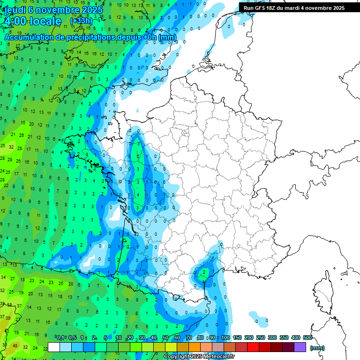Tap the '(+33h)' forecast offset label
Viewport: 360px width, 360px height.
point(81,21)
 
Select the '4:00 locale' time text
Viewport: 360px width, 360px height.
point(33,21)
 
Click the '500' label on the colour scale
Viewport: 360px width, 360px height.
point(307,337)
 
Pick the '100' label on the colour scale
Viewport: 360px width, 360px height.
point(225,337)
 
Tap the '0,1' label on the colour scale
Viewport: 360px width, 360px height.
point(60,337)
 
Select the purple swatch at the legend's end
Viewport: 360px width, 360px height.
point(300,347)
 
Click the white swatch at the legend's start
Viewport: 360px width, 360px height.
point(54,347)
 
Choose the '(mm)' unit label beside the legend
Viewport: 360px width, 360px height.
point(318,348)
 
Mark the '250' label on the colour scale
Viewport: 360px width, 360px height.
point(261,337)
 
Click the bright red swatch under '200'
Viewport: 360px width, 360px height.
point(253,347)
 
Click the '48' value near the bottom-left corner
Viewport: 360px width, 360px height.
point(15,346)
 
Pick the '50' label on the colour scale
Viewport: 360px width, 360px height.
point(165,337)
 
